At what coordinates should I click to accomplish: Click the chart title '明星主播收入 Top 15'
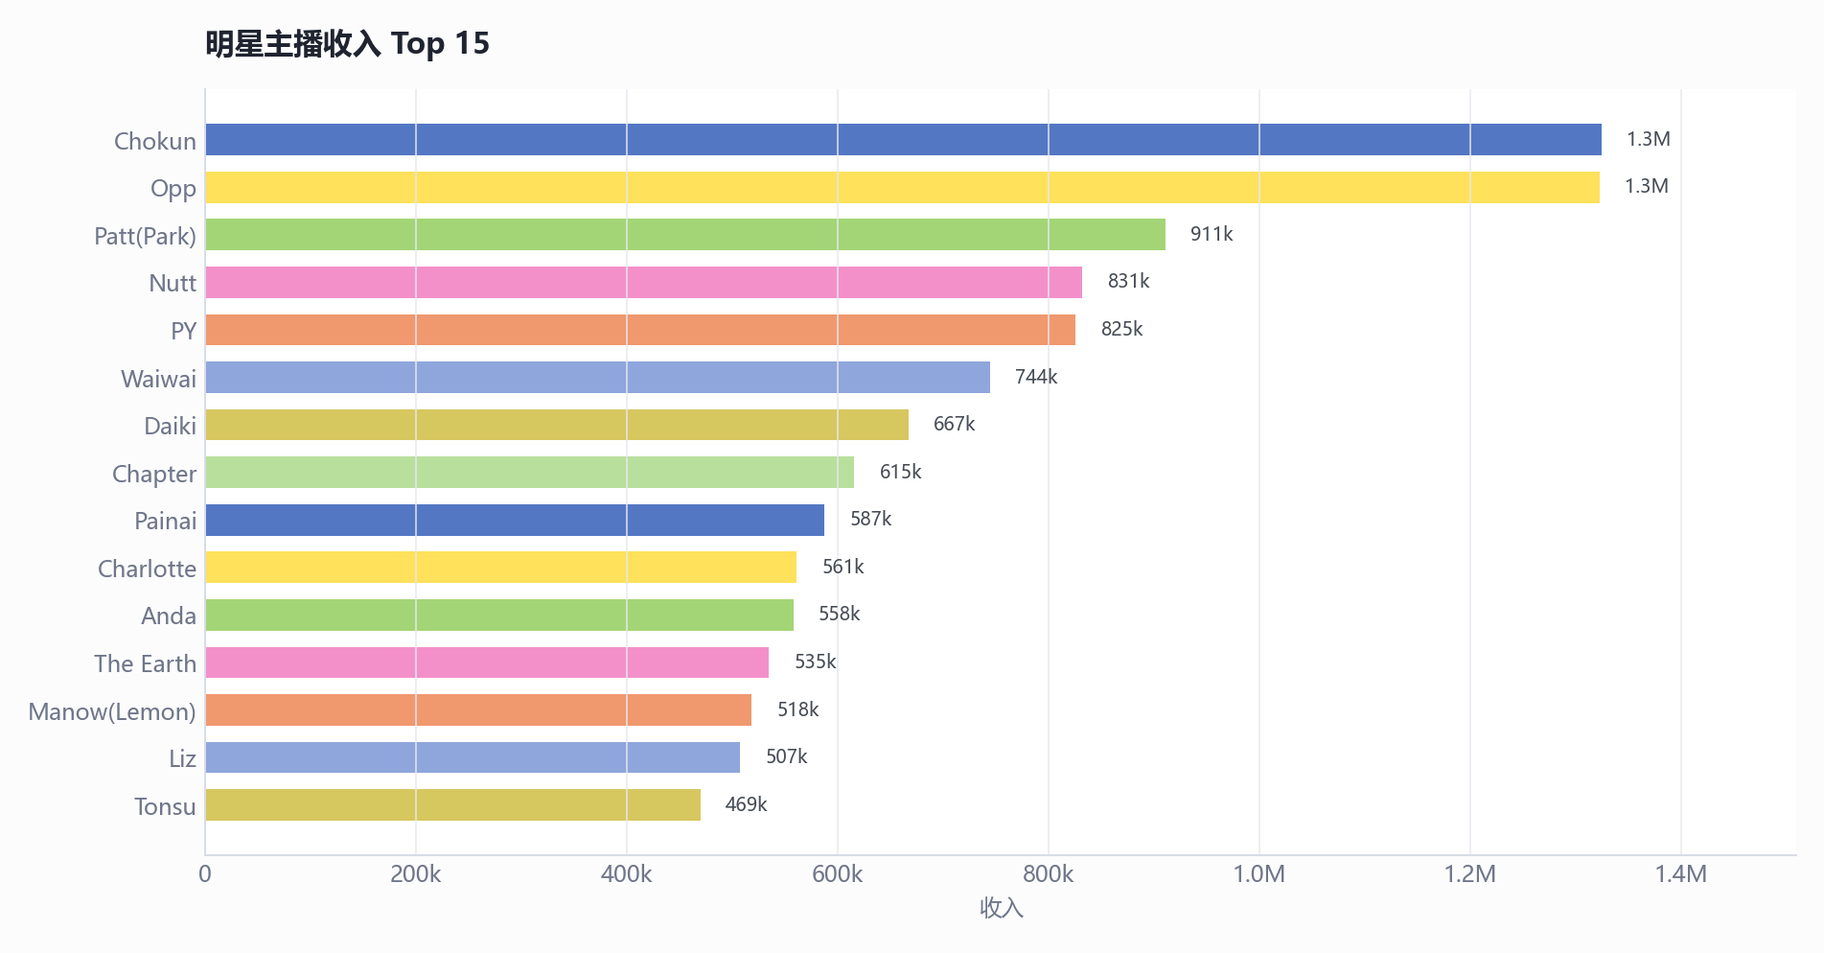click(347, 43)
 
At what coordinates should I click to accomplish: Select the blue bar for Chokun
click(903, 140)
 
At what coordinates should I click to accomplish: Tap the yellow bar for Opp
click(902, 187)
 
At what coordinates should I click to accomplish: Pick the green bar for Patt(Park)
click(685, 235)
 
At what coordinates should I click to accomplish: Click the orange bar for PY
click(640, 330)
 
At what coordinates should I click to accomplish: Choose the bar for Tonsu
click(452, 805)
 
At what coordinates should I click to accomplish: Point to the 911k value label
click(1212, 234)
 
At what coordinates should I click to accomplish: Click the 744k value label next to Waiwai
click(1036, 377)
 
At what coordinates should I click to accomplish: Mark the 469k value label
click(746, 804)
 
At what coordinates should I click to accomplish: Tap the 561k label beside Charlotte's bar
click(843, 567)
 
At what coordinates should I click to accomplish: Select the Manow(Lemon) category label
click(112, 711)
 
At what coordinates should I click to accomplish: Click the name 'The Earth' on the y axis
click(145, 663)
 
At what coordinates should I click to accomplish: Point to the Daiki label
click(170, 426)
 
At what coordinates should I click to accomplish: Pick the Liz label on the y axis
click(182, 758)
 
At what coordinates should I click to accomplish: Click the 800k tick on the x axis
click(1049, 874)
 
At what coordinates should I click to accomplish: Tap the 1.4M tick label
click(1681, 874)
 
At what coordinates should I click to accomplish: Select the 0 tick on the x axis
click(205, 874)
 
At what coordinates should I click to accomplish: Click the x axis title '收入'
click(1002, 908)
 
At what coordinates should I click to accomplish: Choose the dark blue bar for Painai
click(515, 520)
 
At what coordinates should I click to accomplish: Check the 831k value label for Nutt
click(1128, 281)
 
